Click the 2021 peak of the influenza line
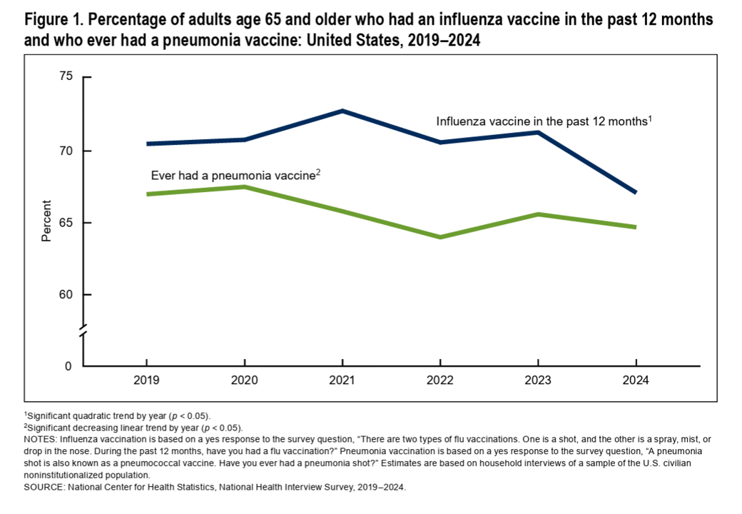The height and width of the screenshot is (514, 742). tap(342, 111)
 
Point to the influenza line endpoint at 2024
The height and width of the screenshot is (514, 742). tap(635, 192)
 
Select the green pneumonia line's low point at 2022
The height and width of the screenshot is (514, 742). tap(440, 237)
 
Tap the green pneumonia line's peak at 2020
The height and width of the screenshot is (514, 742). tap(245, 187)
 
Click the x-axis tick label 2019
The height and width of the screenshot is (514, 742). tap(147, 381)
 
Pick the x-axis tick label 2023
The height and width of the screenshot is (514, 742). tap(537, 381)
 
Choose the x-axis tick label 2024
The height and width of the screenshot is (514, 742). tap(635, 381)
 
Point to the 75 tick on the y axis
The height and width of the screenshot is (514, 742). tap(66, 76)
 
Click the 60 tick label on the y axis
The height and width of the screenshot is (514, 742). tap(66, 295)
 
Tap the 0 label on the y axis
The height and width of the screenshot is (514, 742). tap(69, 366)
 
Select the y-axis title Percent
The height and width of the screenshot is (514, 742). tap(46, 223)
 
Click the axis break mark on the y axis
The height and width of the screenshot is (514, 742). tap(83, 332)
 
